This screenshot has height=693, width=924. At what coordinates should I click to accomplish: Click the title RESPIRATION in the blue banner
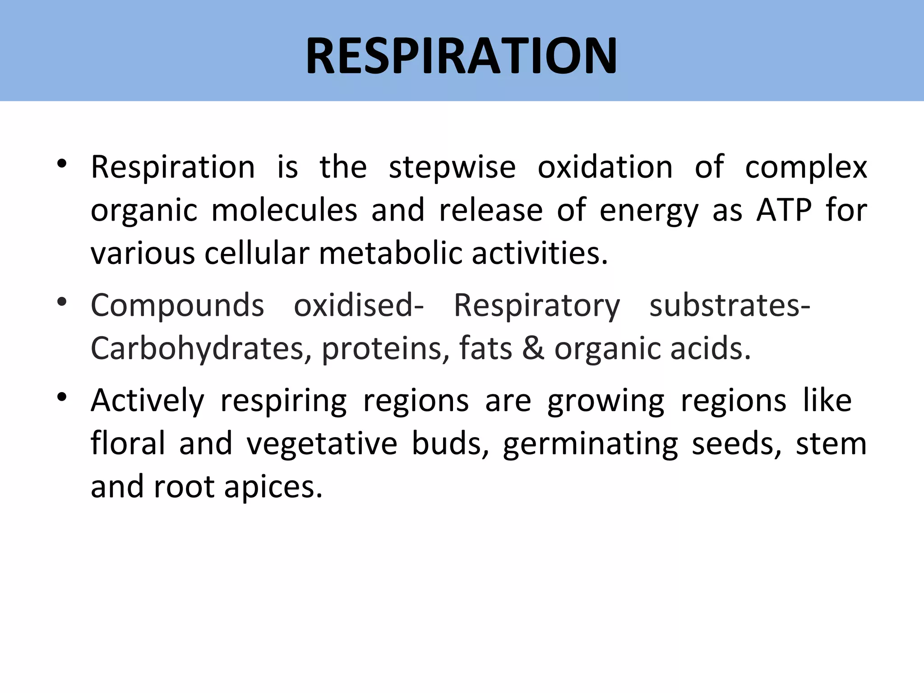[461, 56]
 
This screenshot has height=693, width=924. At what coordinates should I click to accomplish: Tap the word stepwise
[452, 168]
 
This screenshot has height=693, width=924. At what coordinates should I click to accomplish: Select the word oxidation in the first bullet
[605, 167]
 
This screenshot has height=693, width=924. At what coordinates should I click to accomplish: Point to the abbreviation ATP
[784, 210]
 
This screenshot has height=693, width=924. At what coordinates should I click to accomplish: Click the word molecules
[284, 210]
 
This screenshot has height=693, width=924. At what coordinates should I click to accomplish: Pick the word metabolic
[391, 253]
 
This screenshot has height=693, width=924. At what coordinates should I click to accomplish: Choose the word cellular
[257, 253]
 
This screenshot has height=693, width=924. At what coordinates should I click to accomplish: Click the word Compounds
[177, 305]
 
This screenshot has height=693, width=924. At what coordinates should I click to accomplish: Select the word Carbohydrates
[198, 349]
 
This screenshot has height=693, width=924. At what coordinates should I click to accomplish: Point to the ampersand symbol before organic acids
[533, 349]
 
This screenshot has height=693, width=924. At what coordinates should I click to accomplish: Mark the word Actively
[148, 401]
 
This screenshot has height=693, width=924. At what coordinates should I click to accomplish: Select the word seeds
[736, 444]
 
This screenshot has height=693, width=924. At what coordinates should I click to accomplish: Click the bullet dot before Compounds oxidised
[62, 302]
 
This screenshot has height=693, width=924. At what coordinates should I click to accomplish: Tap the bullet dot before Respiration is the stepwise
[62, 164]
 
